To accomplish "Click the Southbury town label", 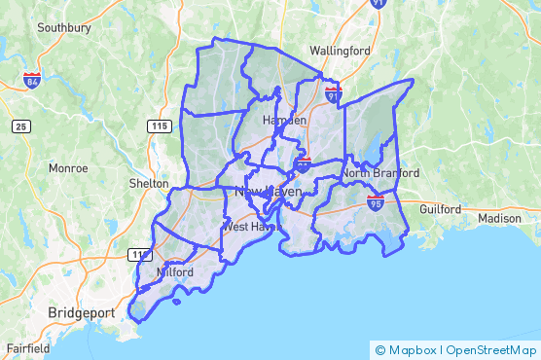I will pos(64,28).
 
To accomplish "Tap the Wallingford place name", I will pos(342,50).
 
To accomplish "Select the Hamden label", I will pos(284,120).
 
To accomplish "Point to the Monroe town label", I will pos(68,168).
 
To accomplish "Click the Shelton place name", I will pos(149,184).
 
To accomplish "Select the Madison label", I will pos(500,219).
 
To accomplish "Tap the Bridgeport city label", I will pos(81,313).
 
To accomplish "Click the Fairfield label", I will pos(27,347).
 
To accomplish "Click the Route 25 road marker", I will pos(21,126).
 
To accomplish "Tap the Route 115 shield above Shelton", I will pos(160,126).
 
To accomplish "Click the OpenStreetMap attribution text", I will pos(491,349).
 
